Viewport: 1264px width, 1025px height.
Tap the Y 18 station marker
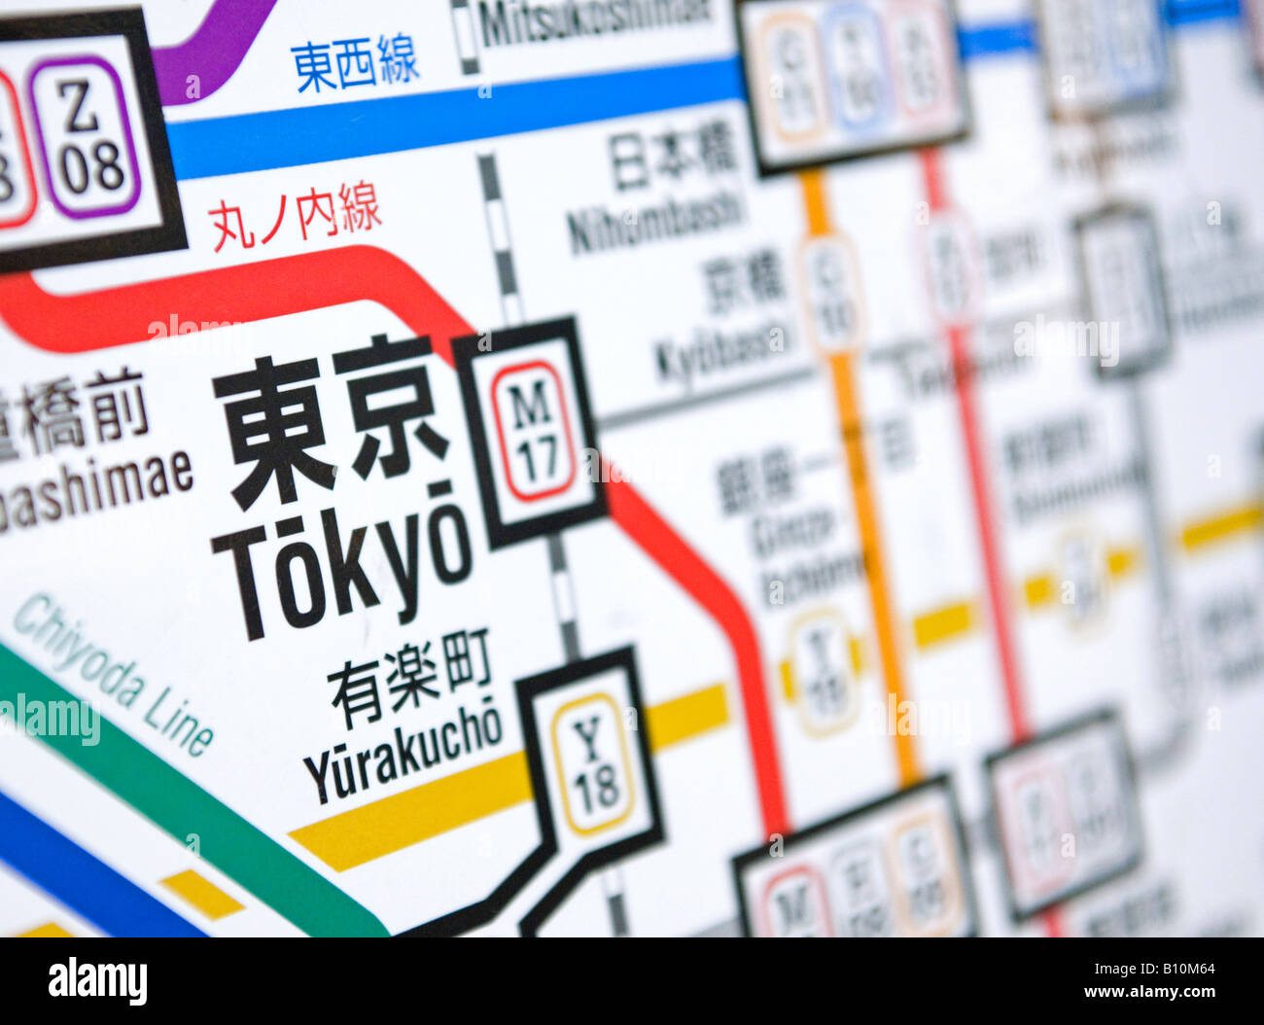coord(591,762)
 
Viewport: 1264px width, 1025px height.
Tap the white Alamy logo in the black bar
coord(97,980)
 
